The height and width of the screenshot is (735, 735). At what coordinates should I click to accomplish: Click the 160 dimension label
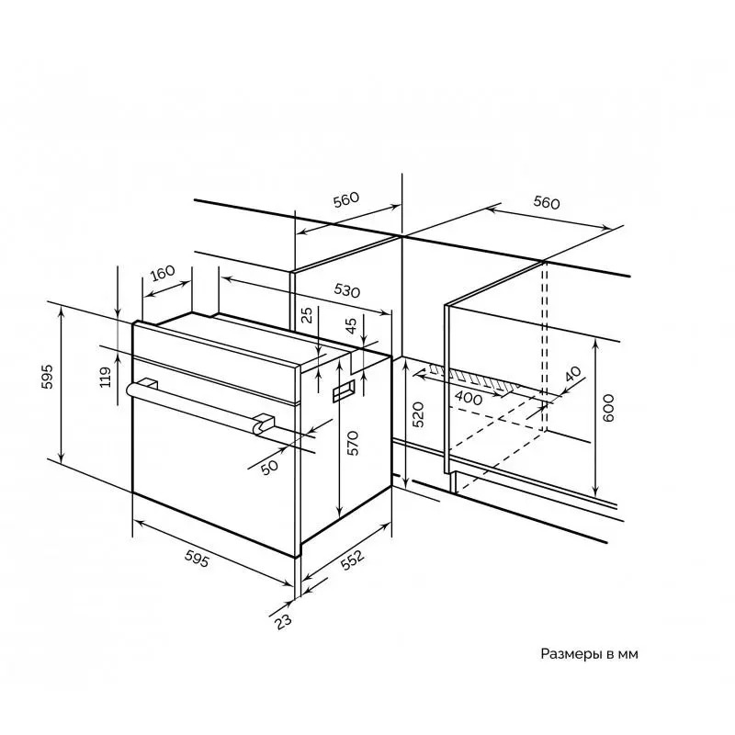point(163,273)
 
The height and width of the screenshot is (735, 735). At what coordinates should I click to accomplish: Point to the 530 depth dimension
point(347,291)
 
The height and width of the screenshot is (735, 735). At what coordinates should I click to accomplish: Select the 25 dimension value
point(306,315)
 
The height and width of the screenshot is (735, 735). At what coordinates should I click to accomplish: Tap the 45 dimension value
point(351,324)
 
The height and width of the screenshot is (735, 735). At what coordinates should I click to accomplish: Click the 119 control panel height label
point(106,377)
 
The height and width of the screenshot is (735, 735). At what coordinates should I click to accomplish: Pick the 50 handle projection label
point(269,467)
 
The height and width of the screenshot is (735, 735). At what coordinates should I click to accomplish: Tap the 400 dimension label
point(469,399)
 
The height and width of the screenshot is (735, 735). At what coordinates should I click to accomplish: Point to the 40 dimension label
point(572,374)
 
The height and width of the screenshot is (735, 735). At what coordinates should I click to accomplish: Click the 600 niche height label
point(607,408)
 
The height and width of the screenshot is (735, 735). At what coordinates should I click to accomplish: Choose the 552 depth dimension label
point(352,560)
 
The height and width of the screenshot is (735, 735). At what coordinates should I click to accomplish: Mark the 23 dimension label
point(283,622)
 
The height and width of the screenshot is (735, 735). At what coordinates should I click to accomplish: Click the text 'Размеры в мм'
point(589,654)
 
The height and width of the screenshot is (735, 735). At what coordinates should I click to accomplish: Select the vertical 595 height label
point(48,377)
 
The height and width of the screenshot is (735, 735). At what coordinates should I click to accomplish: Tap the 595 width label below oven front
point(197,558)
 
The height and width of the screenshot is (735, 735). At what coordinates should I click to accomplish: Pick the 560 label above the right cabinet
point(547,202)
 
